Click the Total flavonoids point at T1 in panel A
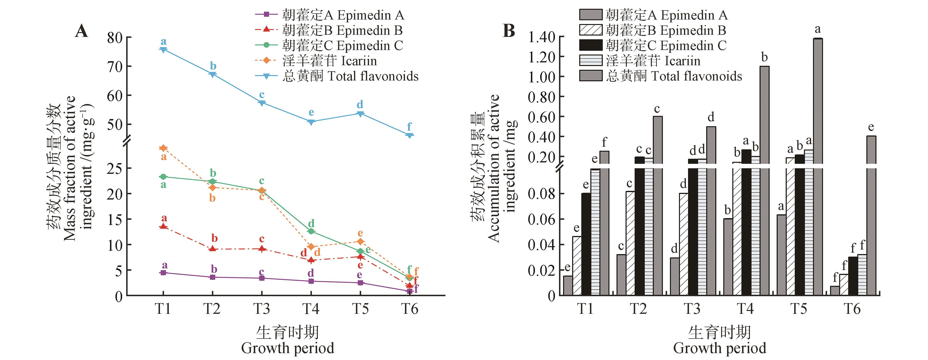coord(163,50)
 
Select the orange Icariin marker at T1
coord(163,148)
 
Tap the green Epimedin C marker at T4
coord(311,231)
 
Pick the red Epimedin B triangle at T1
coord(163,226)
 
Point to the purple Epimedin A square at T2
coord(213,277)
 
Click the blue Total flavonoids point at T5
coord(360,114)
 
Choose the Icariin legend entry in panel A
coord(329,61)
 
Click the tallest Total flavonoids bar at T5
coord(818,166)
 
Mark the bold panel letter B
coord(509,31)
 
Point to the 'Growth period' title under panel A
coord(288,348)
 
